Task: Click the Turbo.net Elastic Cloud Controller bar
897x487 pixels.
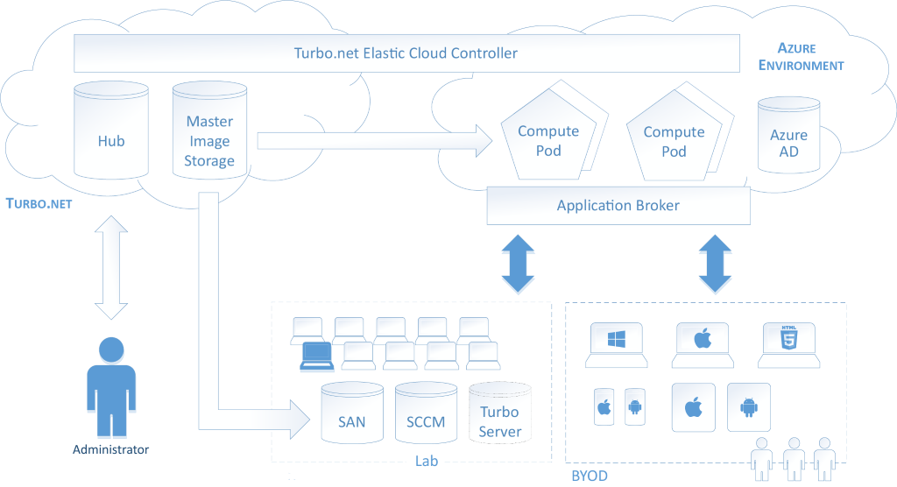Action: tap(406, 53)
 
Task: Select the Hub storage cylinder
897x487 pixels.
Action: tap(111, 131)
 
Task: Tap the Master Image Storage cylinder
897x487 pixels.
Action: tap(209, 131)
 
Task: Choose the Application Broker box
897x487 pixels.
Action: tap(618, 206)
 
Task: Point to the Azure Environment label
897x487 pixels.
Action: tap(801, 57)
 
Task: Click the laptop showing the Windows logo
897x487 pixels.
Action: tap(618, 345)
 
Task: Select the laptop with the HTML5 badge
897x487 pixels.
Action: tap(790, 345)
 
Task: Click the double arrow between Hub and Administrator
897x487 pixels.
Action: tap(111, 267)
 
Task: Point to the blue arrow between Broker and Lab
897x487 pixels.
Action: tap(518, 265)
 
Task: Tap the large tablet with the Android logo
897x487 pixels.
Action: tap(749, 407)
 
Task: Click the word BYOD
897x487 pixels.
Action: tap(589, 476)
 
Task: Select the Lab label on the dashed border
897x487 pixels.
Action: tap(427, 462)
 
